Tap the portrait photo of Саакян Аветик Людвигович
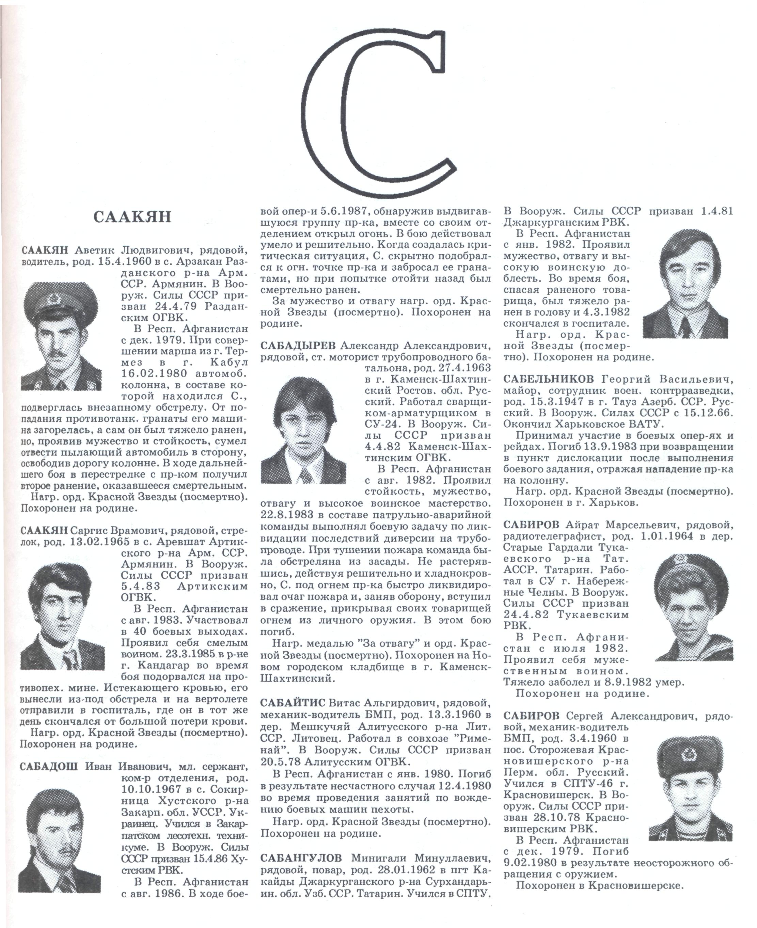pos(61,335)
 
